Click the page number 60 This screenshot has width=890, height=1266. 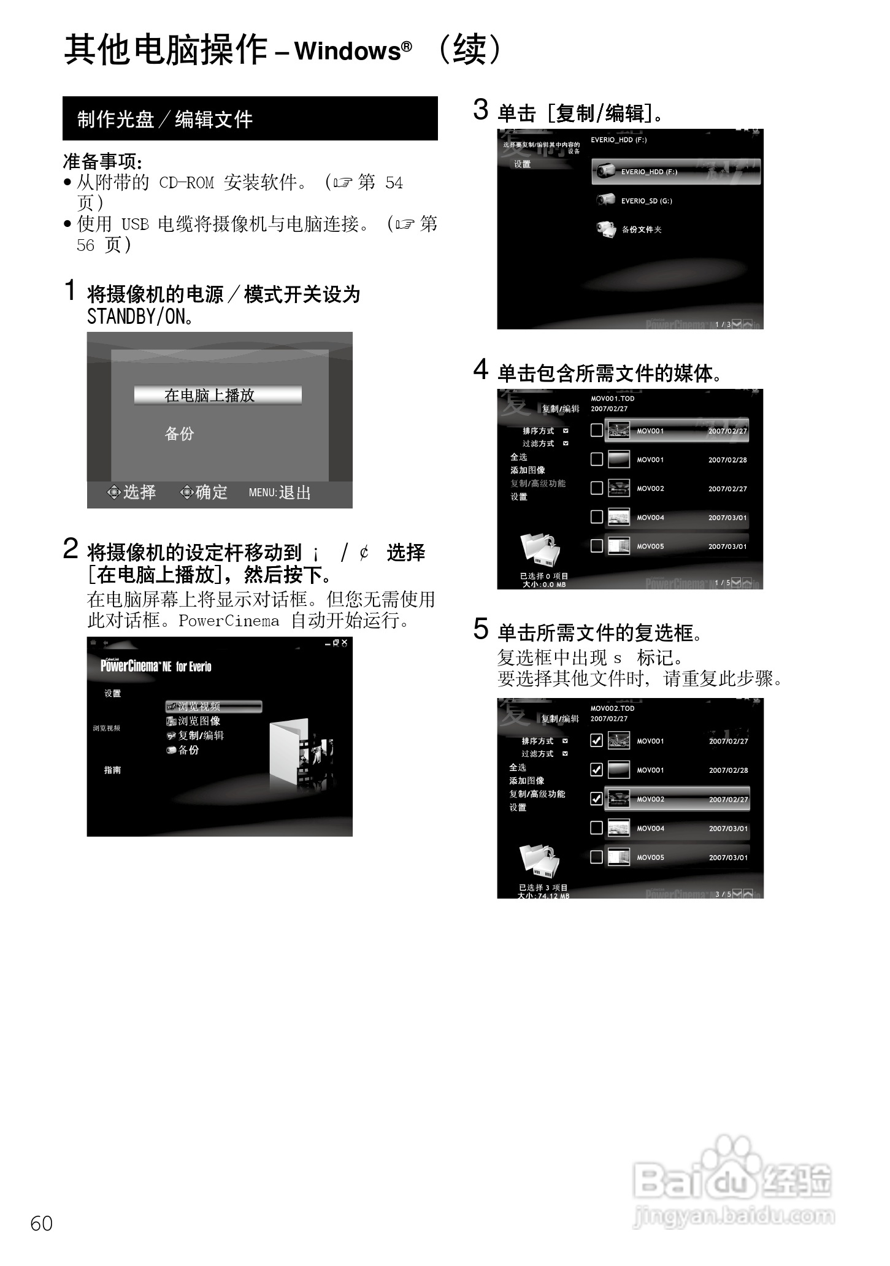41,1223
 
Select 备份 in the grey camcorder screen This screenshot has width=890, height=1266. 179,434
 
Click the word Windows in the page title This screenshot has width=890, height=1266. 347,51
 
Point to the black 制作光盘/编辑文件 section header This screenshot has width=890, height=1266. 250,118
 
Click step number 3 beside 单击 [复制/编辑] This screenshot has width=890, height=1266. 480,110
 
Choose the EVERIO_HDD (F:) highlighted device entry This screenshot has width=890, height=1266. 675,172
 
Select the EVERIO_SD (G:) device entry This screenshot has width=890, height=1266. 645,201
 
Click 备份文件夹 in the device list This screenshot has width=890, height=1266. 640,229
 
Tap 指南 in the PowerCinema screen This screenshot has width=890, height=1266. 112,770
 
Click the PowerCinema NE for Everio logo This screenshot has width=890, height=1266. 156,666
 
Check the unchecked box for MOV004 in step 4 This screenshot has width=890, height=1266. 596,517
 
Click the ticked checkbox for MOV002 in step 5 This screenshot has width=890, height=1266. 596,799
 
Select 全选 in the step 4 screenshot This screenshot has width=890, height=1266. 518,457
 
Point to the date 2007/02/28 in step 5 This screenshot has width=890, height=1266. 728,770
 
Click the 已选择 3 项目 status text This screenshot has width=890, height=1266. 543,887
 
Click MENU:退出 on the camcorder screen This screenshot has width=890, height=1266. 280,493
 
